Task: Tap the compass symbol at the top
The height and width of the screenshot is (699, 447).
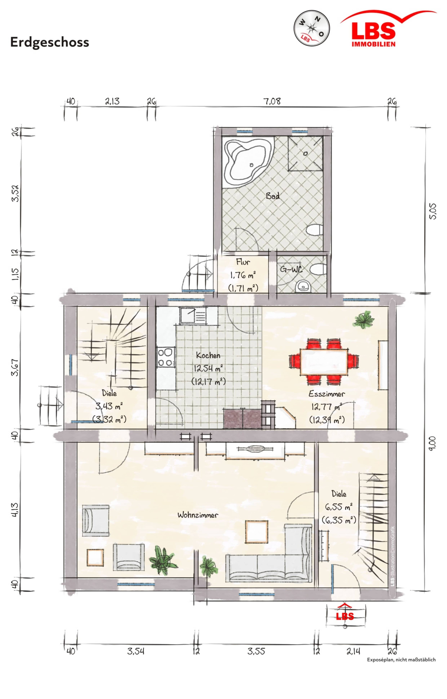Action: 312,28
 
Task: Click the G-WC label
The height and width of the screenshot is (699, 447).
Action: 291,269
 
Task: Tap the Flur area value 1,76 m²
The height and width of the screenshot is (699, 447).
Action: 243,275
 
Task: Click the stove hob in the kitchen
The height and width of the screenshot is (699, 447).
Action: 166,357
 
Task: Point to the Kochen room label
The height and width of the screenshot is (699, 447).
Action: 208,355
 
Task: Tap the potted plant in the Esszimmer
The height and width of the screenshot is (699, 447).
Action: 363,319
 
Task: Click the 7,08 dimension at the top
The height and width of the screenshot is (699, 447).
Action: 272,101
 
